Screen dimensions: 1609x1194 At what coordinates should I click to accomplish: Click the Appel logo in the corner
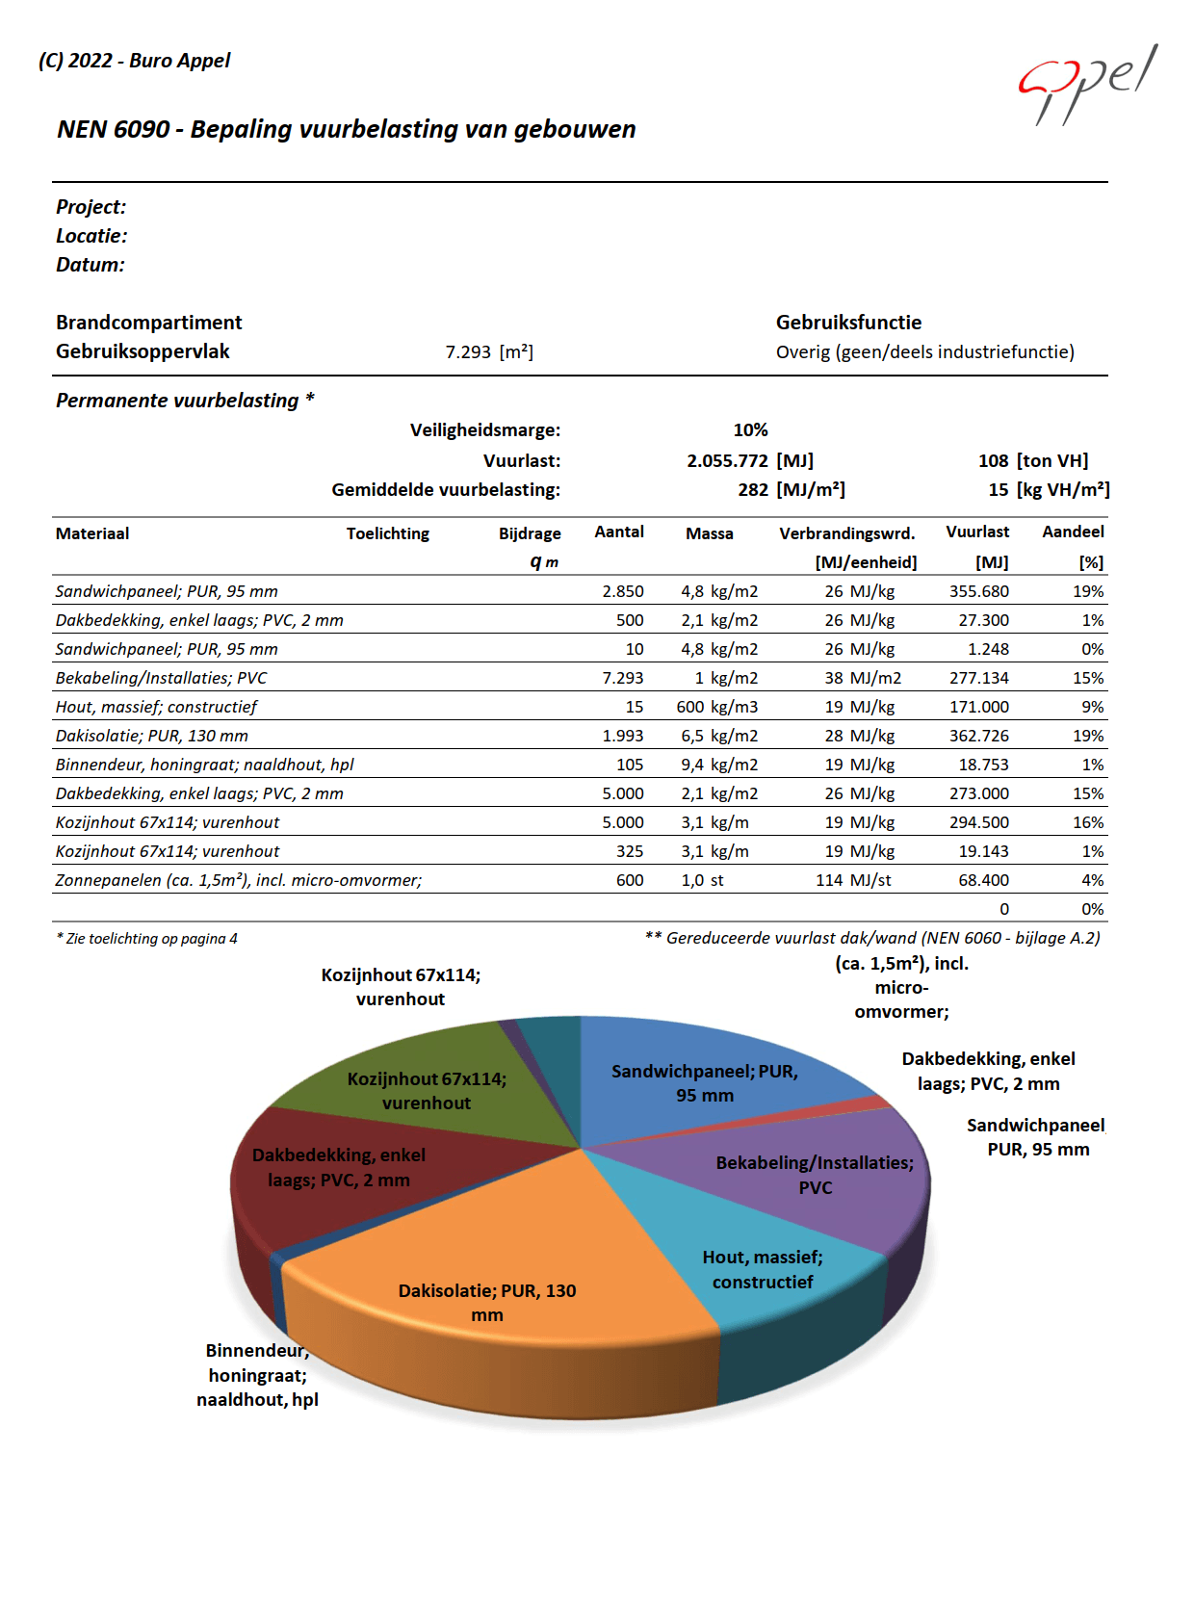(1088, 84)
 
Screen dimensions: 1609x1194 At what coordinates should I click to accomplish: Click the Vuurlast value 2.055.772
(727, 461)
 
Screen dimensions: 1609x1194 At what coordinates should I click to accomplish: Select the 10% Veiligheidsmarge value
(750, 430)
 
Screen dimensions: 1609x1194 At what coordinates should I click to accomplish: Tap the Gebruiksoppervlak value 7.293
(468, 352)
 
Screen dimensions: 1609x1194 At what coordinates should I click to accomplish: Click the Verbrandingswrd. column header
(846, 533)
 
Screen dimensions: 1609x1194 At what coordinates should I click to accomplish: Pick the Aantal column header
(619, 532)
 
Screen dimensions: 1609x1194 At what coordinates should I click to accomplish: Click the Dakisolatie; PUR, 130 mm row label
(152, 736)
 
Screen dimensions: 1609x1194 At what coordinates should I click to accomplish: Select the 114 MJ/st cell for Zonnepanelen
(853, 880)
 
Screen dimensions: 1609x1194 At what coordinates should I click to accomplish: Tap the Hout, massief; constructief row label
(156, 707)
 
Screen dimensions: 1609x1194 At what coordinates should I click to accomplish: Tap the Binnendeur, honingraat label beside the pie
(257, 1375)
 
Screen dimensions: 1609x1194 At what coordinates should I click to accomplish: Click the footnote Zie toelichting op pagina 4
(146, 939)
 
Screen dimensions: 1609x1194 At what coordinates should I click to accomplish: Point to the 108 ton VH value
(1032, 461)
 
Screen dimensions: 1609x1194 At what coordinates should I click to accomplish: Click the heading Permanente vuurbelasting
(177, 401)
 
